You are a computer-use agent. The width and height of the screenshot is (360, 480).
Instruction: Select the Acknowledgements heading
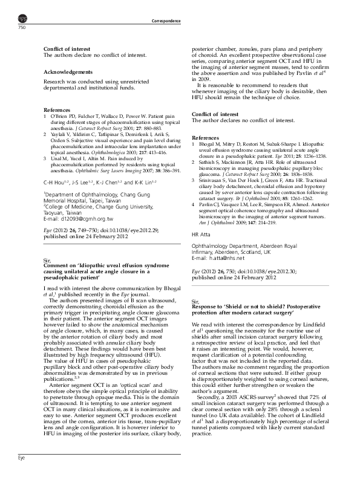click(x=68, y=71)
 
